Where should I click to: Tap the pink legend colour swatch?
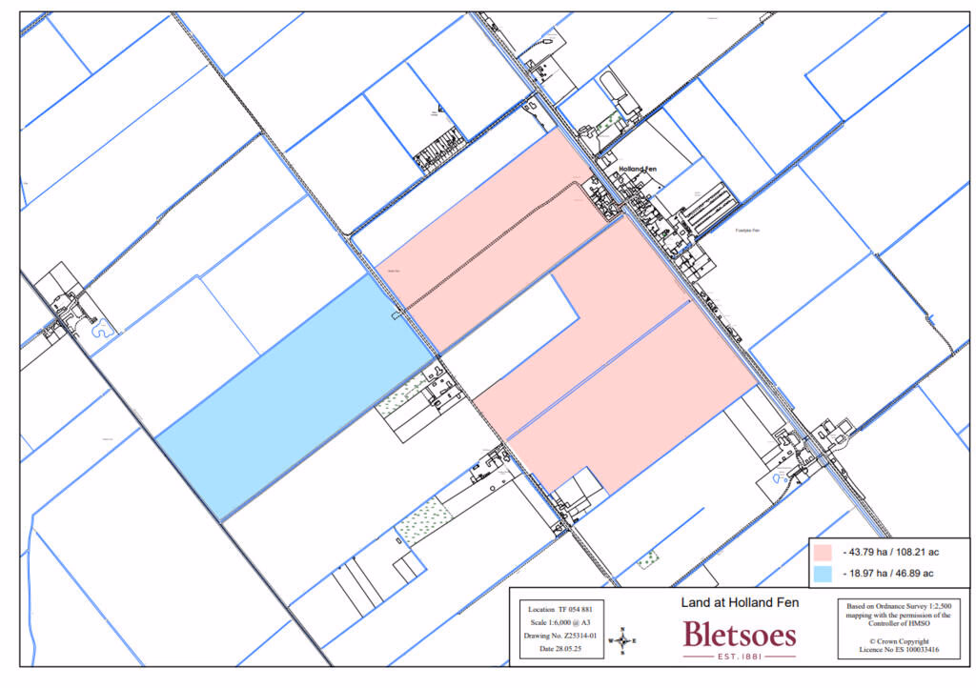pos(823,552)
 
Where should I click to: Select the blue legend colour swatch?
pos(823,573)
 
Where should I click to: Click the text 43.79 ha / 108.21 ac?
pos(887,552)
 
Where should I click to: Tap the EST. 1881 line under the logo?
pos(740,656)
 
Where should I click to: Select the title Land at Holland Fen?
pos(740,602)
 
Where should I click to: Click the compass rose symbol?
pos(623,640)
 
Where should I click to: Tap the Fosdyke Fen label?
pos(748,231)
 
